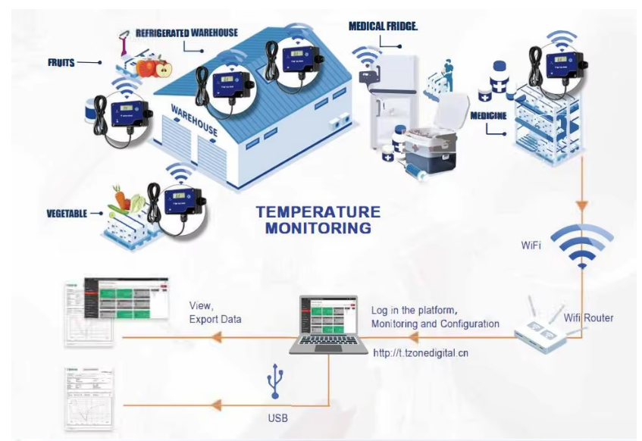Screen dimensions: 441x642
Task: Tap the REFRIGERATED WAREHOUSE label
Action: [186, 33]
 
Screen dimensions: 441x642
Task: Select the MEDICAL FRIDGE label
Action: [384, 26]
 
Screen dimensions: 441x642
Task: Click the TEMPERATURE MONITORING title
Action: [317, 219]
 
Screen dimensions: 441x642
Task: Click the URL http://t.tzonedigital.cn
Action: [421, 353]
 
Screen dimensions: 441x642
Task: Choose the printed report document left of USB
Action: [89, 399]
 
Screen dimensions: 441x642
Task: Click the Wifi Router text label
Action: [589, 317]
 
